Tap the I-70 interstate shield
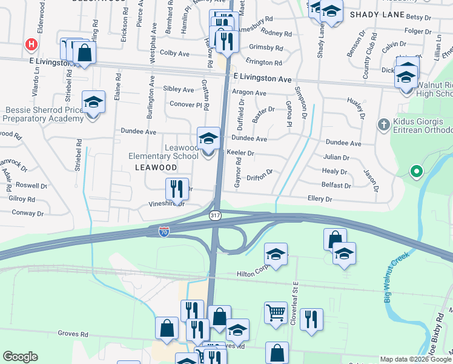(x=164, y=231)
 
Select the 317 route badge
(x=214, y=215)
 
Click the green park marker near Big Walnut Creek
(x=415, y=172)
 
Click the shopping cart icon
(x=275, y=313)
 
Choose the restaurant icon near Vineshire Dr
(x=177, y=189)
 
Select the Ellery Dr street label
(x=320, y=199)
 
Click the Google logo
(x=20, y=357)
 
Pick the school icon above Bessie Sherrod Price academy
(x=93, y=101)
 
